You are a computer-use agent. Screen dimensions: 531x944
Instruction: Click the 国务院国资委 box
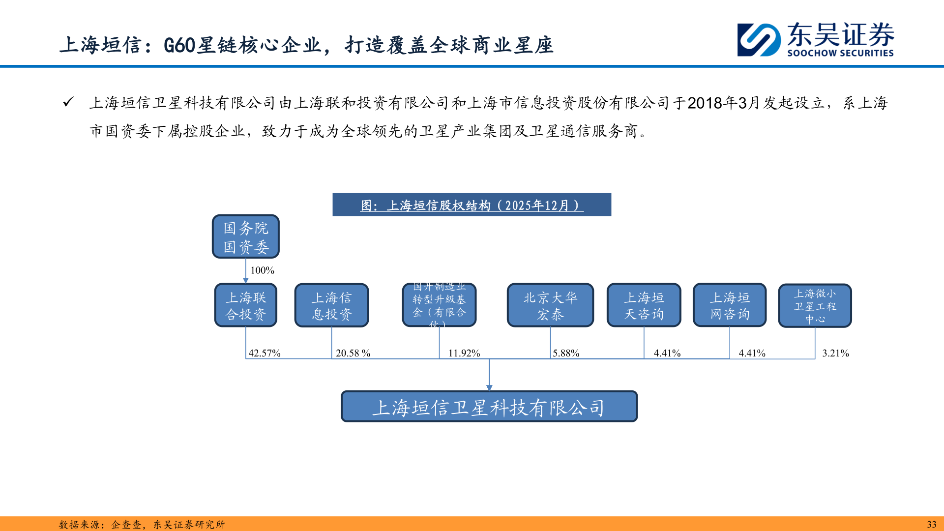[x=245, y=236]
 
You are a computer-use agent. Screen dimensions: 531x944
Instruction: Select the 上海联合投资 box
[x=245, y=305]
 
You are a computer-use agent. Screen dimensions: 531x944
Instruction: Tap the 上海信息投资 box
[x=331, y=305]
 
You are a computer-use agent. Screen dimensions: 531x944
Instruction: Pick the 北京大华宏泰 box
[x=550, y=305]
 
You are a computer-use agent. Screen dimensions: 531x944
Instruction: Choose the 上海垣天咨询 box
[x=644, y=305]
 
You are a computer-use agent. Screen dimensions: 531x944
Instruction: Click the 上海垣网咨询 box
[x=730, y=305]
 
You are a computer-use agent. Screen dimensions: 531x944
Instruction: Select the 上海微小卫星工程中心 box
[x=815, y=306]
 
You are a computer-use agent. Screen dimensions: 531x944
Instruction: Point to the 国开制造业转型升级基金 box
[x=439, y=305]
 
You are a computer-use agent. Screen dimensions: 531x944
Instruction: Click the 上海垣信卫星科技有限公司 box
[x=489, y=407]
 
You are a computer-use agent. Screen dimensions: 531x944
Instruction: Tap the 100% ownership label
[x=262, y=270]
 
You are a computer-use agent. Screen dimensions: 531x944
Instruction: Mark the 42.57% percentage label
[x=265, y=353]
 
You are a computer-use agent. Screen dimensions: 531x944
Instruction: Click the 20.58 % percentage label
[x=353, y=353]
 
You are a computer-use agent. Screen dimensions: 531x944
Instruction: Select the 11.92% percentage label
[x=464, y=353]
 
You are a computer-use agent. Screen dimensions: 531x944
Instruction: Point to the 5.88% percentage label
[x=566, y=353]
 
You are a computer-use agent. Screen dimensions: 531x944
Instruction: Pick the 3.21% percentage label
[x=835, y=353]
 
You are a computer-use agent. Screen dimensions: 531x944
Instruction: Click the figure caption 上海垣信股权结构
[x=472, y=205]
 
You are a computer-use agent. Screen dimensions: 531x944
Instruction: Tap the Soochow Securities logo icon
[x=759, y=40]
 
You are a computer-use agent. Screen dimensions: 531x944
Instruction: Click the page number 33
[x=931, y=524]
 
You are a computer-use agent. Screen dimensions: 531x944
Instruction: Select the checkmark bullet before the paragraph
[x=68, y=102]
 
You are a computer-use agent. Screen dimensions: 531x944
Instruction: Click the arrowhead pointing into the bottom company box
[x=489, y=387]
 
